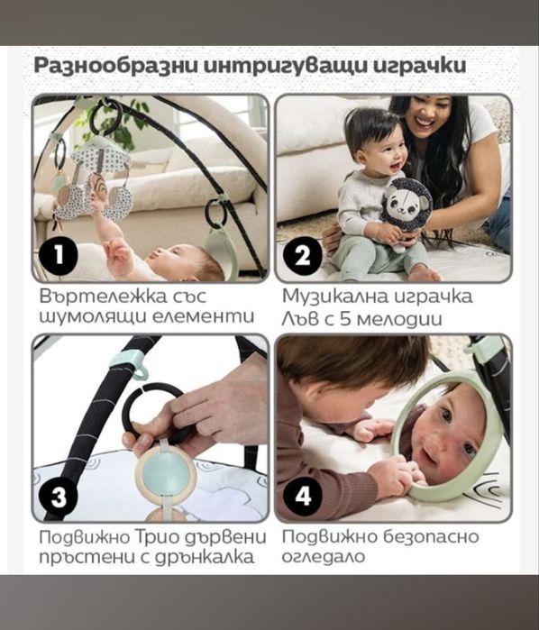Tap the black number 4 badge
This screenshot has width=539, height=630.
[303, 495]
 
